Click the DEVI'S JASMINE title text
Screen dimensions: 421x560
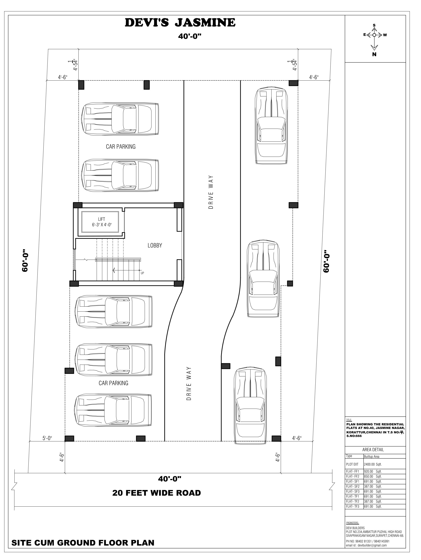pos(180,23)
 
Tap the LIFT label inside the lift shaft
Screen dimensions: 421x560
pos(102,219)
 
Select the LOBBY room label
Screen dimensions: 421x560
pos(155,245)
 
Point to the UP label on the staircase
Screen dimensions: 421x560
pos(142,273)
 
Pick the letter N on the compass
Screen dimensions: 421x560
pos(374,54)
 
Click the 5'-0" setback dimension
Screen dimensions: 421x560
pos(47,438)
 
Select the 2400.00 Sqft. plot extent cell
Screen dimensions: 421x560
pos(373,464)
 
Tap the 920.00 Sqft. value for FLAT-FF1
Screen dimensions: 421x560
pos(373,471)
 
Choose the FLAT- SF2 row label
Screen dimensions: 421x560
pos(353,486)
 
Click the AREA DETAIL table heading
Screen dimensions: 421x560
pos(373,450)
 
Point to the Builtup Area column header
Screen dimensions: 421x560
pos(372,456)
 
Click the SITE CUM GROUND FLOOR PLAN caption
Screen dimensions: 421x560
pos(83,543)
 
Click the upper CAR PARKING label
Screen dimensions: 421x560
pos(121,147)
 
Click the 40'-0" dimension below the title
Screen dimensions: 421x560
pos(189,36)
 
